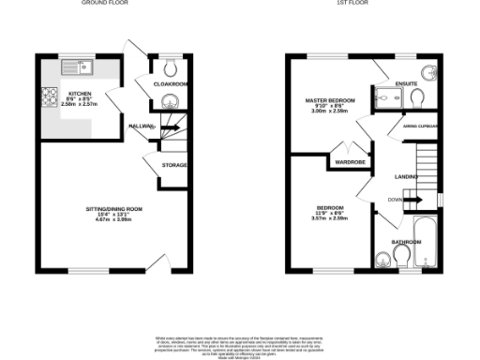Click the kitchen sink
(74, 67)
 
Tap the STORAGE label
(174, 165)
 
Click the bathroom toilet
(382, 261)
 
